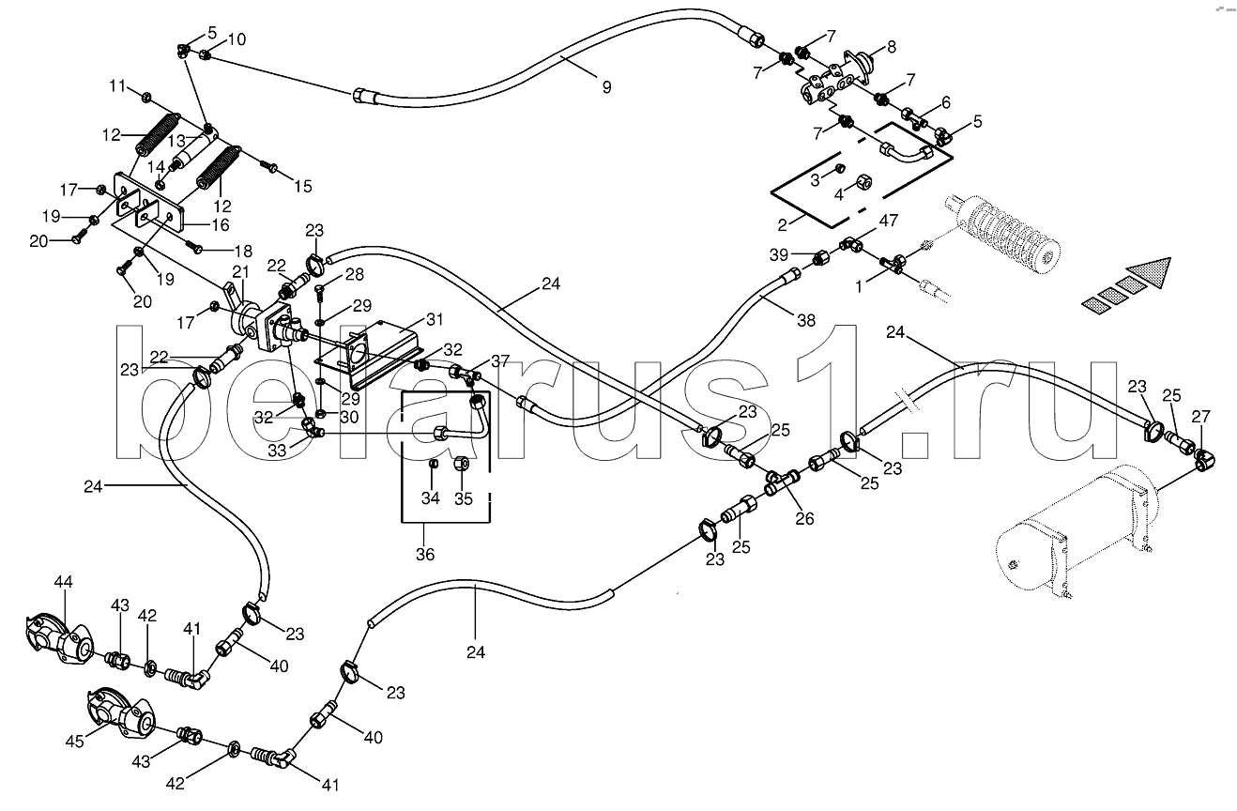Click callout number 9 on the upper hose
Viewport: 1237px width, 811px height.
pyautogui.click(x=606, y=87)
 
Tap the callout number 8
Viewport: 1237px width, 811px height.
pyautogui.click(x=891, y=45)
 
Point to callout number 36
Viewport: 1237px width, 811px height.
pyautogui.click(x=425, y=555)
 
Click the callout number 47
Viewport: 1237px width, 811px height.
pyautogui.click(x=889, y=221)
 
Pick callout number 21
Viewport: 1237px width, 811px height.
pyautogui.click(x=239, y=272)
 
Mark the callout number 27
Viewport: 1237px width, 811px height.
pyautogui.click(x=1200, y=416)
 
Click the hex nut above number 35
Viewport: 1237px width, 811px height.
pyautogui.click(x=463, y=465)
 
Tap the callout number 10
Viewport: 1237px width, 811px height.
pyautogui.click(x=237, y=39)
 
